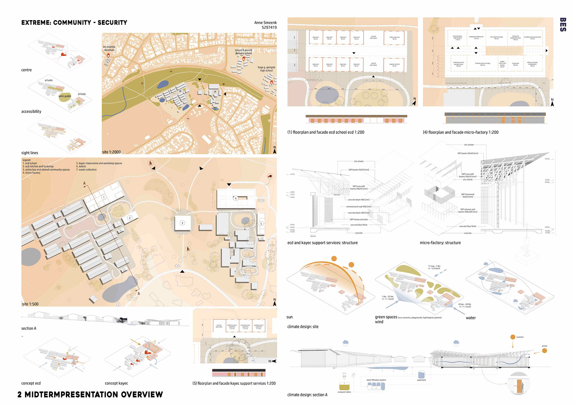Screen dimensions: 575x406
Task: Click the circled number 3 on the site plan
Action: coord(182,223)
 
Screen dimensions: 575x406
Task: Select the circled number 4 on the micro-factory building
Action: coord(236,198)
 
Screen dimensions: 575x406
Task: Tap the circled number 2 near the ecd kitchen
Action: coord(130,218)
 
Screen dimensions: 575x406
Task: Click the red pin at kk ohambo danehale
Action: coord(108,56)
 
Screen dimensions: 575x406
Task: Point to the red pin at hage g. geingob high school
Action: coord(272,82)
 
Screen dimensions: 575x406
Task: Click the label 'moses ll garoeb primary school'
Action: coord(243,52)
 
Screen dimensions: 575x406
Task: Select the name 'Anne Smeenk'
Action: coord(265,22)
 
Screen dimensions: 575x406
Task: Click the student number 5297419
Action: coord(269,28)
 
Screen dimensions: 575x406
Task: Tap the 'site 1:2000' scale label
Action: coord(111,152)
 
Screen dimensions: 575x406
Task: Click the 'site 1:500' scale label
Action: coord(30,304)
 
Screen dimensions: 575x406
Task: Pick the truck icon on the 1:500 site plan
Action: coord(270,177)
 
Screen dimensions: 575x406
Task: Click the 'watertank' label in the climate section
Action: coord(421,380)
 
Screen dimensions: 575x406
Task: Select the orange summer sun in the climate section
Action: coord(513,337)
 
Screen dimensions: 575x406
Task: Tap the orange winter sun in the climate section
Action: coord(544,351)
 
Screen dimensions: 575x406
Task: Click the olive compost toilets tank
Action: coord(344,387)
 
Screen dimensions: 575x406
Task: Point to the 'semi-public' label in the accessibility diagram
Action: coord(65,96)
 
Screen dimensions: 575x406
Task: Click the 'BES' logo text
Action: coord(563,25)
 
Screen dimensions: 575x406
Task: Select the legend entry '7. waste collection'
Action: coord(86,170)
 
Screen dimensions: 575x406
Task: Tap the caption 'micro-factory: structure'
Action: coord(440,243)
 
